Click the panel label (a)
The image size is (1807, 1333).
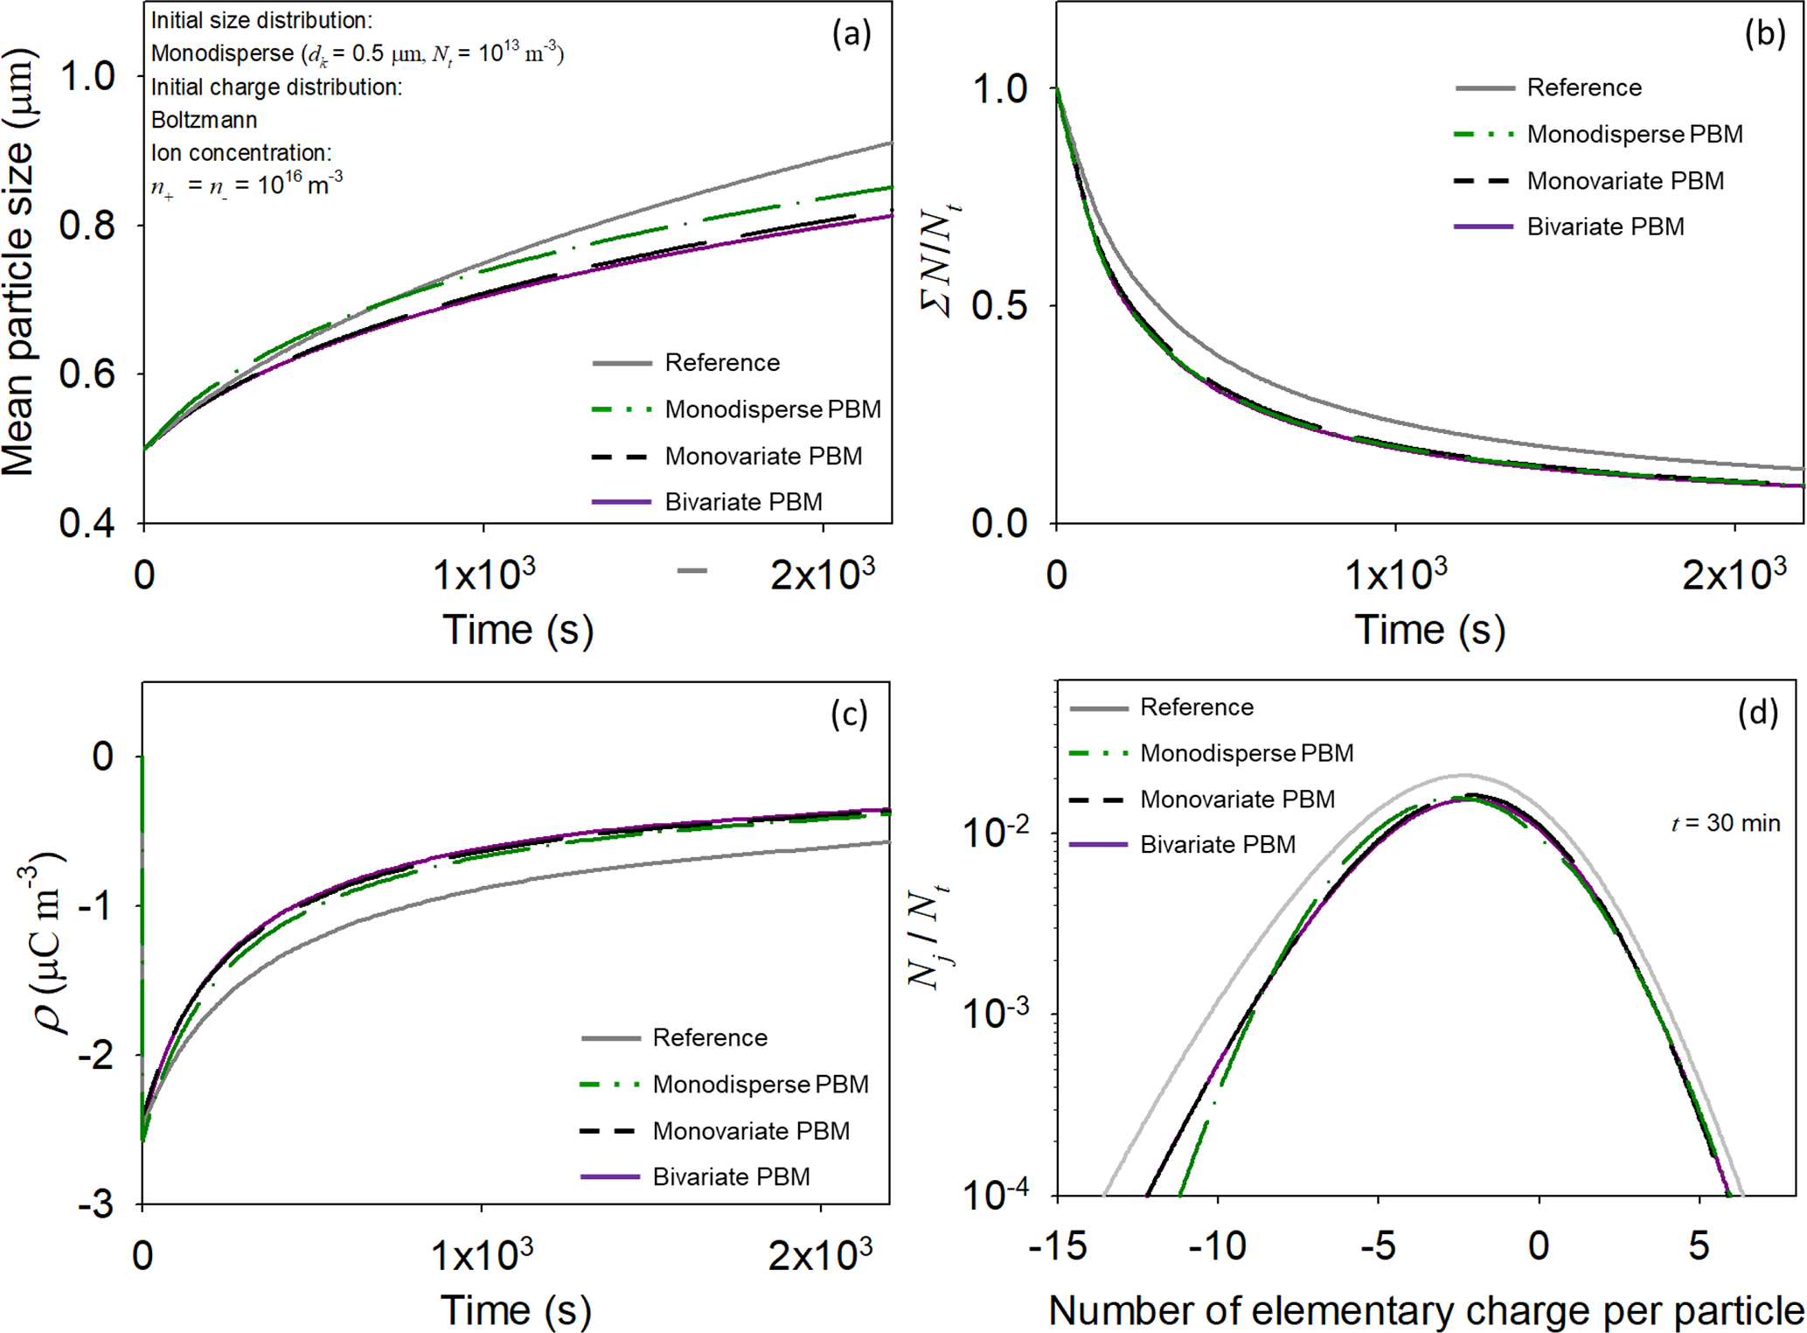pos(851,34)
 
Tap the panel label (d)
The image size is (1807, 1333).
pos(1758,713)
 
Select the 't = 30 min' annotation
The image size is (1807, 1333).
pos(1726,823)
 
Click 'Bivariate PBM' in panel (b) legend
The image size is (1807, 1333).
pos(1605,227)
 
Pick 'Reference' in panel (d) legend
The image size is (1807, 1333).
pos(1196,707)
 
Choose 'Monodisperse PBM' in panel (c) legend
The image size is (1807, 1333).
pos(761,1085)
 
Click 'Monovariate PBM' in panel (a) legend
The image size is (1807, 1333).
pos(763,456)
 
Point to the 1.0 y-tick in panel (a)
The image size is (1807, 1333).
pos(87,76)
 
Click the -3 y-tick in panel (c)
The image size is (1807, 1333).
pos(96,1205)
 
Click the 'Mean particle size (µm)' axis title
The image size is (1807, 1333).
pos(19,262)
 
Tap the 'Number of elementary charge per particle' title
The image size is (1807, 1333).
pos(1426,1310)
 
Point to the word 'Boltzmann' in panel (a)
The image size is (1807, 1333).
pos(204,120)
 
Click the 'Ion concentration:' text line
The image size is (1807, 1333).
pos(240,153)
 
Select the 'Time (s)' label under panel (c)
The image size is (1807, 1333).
pos(516,1310)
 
